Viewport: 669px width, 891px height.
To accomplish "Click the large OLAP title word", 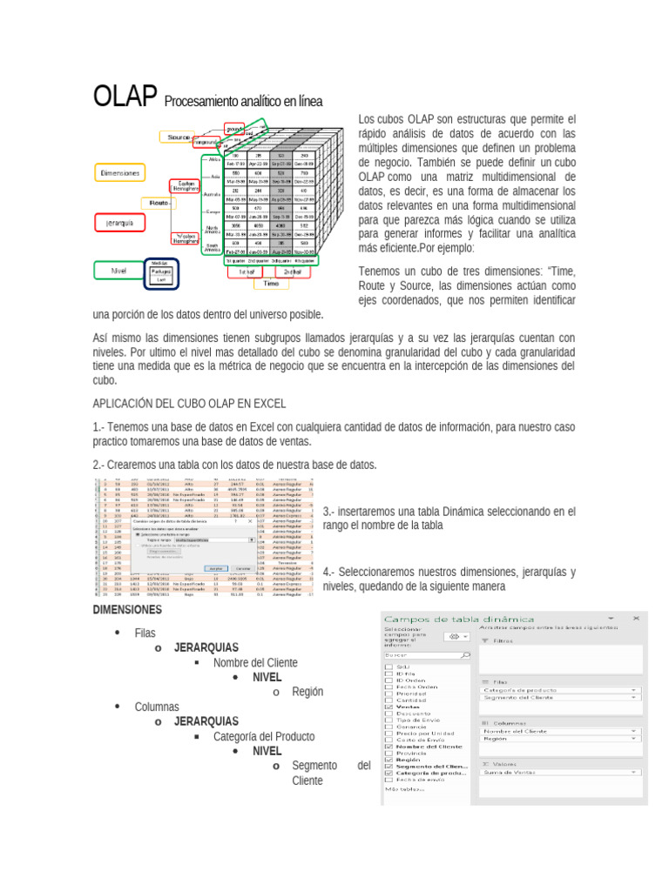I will pos(125,97).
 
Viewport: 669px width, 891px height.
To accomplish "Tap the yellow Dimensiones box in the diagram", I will pos(119,173).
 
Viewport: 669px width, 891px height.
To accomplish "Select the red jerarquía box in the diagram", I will pos(119,223).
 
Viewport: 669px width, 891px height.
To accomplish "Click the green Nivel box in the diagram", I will pos(118,271).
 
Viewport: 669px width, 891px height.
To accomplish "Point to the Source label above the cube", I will pos(180,137).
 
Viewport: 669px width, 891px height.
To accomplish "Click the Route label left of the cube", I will pos(159,202).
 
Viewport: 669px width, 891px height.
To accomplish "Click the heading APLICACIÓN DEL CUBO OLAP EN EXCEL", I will pos(188,403).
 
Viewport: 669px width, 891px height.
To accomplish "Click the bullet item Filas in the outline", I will pos(145,633).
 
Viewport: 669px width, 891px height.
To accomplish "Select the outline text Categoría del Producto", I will pos(264,736).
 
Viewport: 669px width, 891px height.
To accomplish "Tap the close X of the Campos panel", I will pos(638,616).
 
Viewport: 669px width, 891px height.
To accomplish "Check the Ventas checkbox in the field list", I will pos(389,707).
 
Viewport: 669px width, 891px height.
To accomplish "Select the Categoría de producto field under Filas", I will pos(557,689).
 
